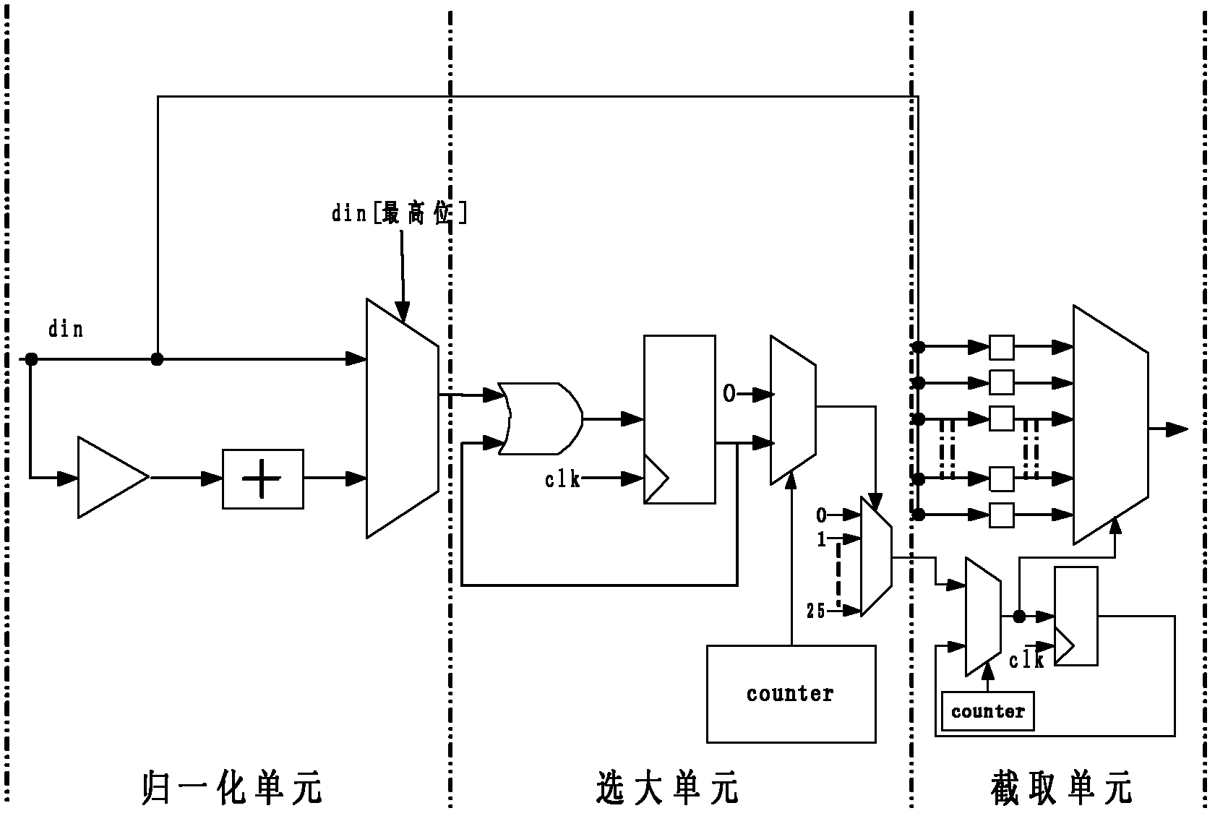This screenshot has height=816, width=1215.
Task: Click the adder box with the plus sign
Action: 262,478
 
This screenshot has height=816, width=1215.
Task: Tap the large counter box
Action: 791,694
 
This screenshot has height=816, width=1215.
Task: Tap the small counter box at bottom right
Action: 987,711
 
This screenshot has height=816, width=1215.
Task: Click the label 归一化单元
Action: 231,788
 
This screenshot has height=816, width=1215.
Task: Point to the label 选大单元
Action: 666,788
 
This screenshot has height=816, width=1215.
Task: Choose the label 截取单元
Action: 1060,788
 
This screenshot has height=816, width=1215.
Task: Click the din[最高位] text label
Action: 399,214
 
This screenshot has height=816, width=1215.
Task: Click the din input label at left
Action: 66,330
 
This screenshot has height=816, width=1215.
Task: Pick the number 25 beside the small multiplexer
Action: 816,611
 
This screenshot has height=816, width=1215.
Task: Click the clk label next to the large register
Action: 562,479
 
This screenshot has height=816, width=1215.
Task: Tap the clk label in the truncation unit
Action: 1026,661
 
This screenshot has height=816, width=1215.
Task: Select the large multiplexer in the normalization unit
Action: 402,418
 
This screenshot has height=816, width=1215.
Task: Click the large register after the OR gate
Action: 679,418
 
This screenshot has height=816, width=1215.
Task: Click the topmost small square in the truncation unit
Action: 1001,347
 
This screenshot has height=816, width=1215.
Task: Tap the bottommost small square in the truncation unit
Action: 1001,515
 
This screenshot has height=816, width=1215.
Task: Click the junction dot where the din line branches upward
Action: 157,358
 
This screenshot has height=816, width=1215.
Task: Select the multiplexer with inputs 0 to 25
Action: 876,557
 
